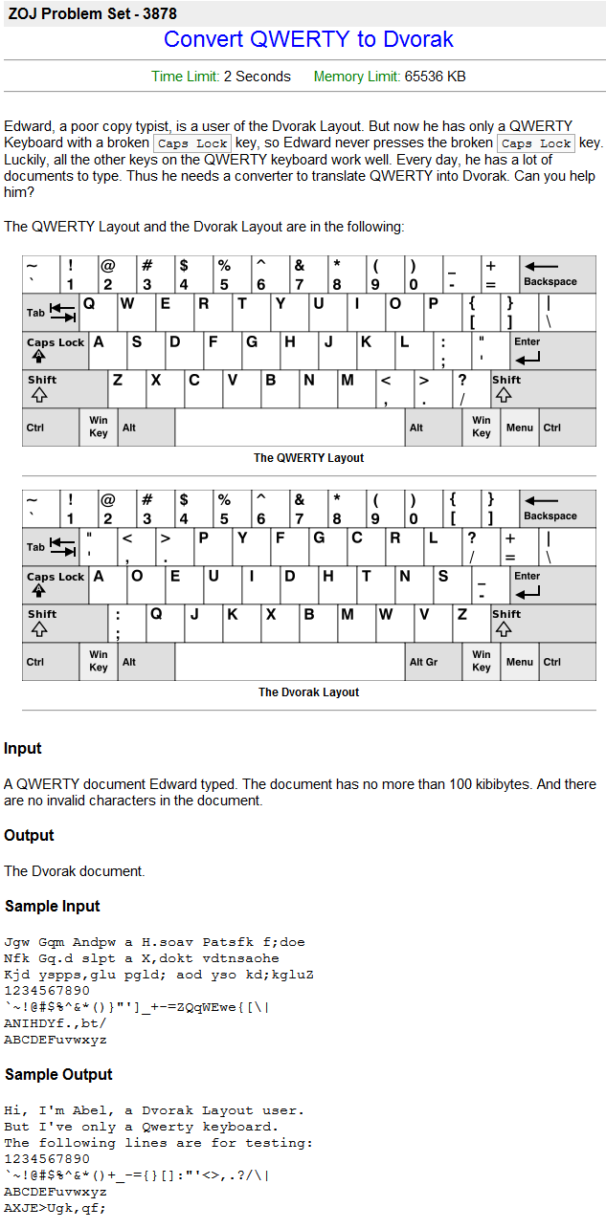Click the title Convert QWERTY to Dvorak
click(x=308, y=39)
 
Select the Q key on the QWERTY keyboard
click(x=98, y=312)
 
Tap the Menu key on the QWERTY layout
click(x=520, y=428)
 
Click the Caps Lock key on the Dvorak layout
click(x=56, y=583)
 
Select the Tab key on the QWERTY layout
click(x=50, y=312)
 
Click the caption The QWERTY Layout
click(x=308, y=458)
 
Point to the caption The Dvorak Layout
click(x=308, y=692)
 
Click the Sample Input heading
click(x=53, y=906)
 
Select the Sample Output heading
click(x=58, y=1074)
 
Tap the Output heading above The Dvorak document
click(x=29, y=835)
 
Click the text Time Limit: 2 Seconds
click(x=221, y=77)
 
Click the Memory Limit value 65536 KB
click(x=436, y=77)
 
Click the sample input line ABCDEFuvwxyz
click(x=56, y=1040)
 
